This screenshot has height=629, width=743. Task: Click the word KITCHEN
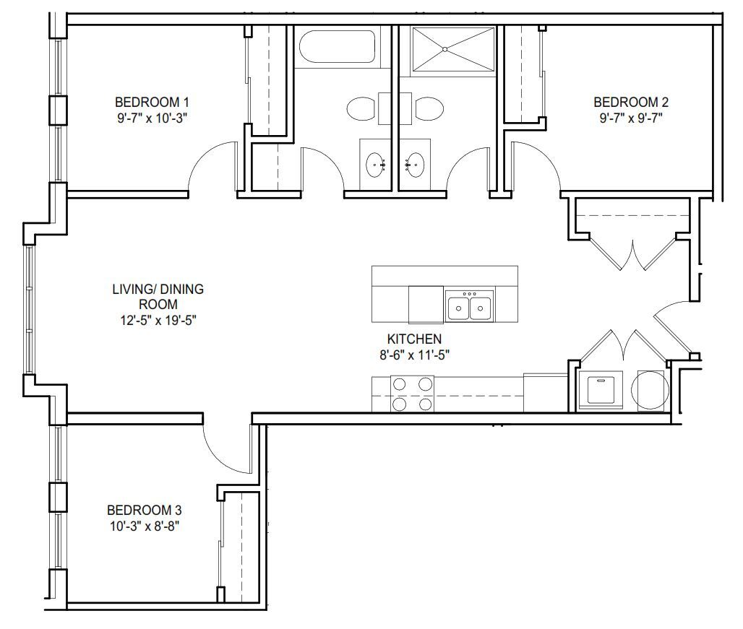[414, 339]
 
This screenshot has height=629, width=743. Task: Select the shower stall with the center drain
[454, 49]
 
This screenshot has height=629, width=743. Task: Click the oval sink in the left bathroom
[376, 165]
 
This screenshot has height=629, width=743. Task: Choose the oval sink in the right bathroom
[414, 165]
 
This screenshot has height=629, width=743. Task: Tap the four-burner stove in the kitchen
[412, 394]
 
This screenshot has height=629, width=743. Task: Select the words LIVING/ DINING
[158, 290]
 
